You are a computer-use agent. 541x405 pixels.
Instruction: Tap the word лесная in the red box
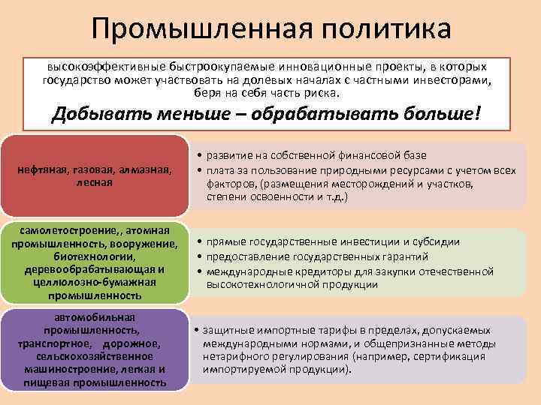95,181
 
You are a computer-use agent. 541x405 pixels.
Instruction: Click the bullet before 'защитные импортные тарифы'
195,331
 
